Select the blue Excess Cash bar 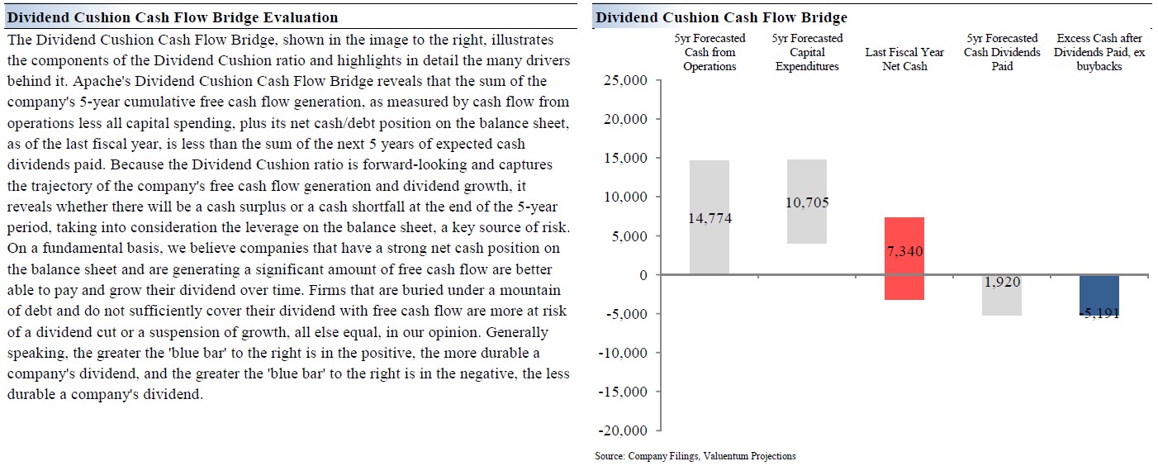tap(1099, 293)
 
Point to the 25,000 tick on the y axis tap(625, 80)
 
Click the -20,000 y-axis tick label tap(624, 430)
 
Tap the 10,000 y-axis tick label tap(625, 197)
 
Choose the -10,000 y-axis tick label tap(624, 353)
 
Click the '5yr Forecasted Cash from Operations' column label tap(710, 52)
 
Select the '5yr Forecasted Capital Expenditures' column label tap(807, 52)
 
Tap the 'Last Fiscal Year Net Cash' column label tap(904, 59)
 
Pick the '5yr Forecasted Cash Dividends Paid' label tap(1002, 52)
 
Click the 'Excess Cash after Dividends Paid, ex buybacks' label tap(1099, 52)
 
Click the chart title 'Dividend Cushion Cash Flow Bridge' tap(722, 17)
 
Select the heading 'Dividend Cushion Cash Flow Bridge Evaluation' tap(173, 17)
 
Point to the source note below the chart tap(695, 456)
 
